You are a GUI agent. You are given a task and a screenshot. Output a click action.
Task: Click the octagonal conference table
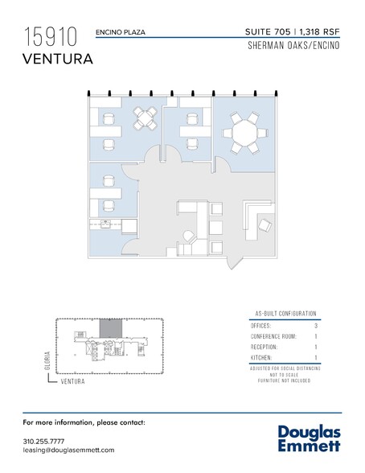[244, 133]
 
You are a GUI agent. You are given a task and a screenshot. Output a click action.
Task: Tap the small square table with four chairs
[146, 118]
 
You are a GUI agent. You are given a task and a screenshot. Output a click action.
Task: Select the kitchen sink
[105, 224]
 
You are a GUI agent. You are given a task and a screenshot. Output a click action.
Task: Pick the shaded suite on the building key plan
[111, 328]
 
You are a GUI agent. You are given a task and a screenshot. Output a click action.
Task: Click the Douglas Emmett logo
[309, 438]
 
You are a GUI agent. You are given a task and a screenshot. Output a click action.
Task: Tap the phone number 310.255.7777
[43, 442]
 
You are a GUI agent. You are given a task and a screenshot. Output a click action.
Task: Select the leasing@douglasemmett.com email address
[68, 450]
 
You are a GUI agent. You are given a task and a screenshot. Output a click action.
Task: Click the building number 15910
[51, 36]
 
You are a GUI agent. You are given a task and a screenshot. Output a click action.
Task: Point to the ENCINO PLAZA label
[121, 32]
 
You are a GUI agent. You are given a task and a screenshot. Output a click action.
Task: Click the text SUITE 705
[268, 31]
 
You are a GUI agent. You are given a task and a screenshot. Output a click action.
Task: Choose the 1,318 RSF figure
[319, 31]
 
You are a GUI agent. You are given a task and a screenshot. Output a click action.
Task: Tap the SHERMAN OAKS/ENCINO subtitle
[293, 45]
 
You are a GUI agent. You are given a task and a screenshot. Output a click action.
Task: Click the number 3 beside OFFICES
[316, 326]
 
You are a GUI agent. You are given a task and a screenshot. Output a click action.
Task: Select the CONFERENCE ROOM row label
[273, 336]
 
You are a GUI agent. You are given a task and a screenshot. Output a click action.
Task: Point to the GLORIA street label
[47, 360]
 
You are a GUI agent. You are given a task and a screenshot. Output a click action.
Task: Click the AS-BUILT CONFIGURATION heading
[285, 314]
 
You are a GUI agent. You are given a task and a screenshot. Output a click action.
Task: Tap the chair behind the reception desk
[265, 225]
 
